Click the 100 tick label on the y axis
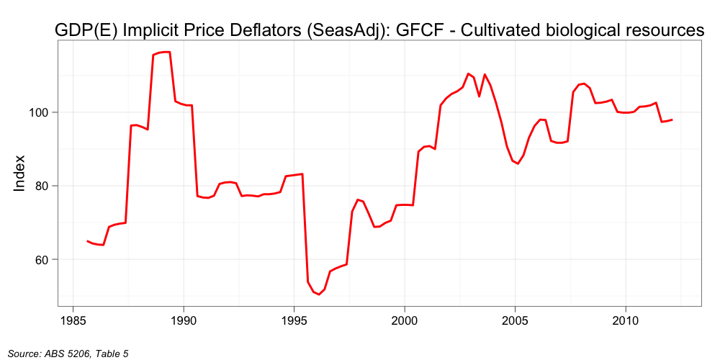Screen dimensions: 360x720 coord(39,112)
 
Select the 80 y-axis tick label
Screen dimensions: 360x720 coord(42,186)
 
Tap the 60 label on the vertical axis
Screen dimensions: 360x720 coord(42,259)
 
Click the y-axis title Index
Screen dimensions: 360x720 coord(20,173)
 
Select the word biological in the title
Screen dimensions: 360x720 coord(582,30)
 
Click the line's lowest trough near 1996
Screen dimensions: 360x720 coord(319,294)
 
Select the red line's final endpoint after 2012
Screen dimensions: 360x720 coord(672,120)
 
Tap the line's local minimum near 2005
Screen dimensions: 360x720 coord(518,163)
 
